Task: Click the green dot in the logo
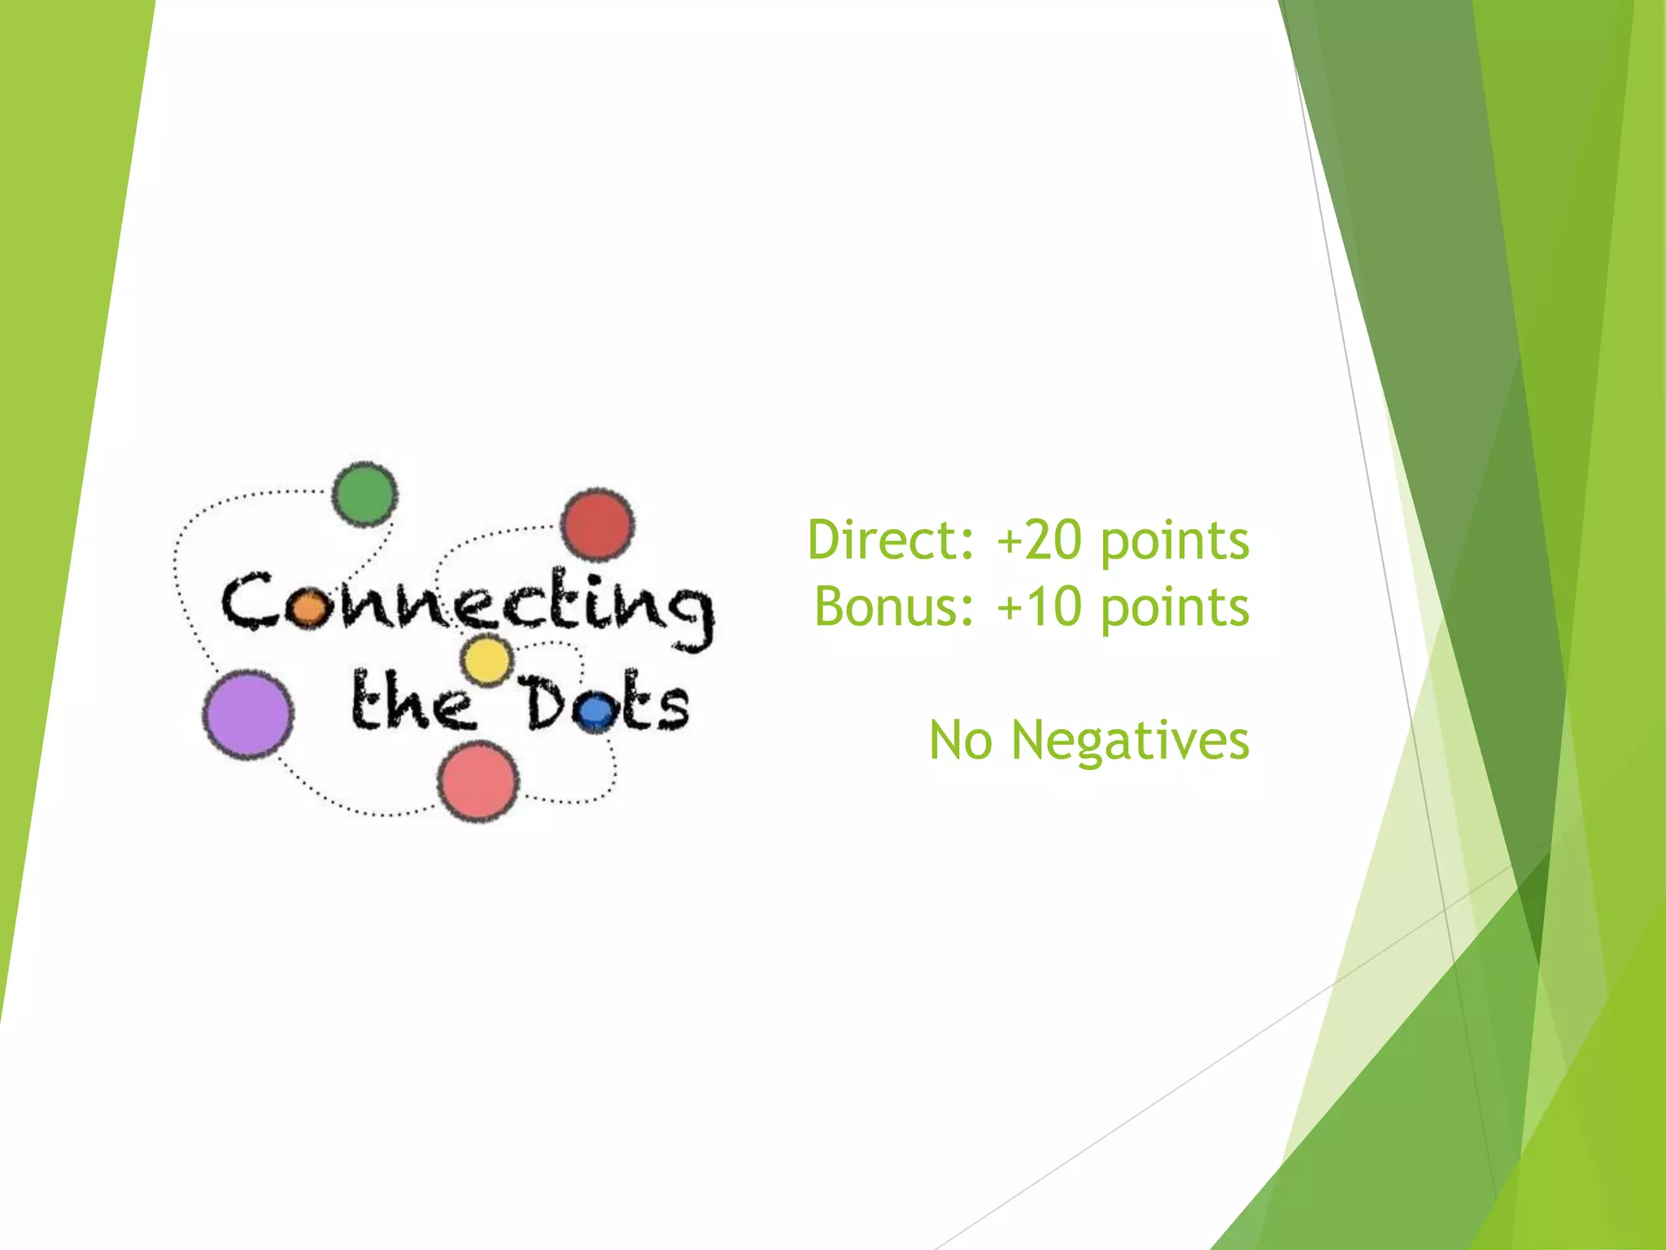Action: pyautogui.click(x=364, y=494)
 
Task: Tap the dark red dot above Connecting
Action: pyautogui.click(x=598, y=525)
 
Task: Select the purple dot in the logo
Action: pyautogui.click(x=247, y=715)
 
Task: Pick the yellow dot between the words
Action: pyautogui.click(x=486, y=660)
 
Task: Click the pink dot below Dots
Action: pyautogui.click(x=478, y=781)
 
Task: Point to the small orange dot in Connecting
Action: pyautogui.click(x=308, y=608)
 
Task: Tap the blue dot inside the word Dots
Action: pyautogui.click(x=597, y=712)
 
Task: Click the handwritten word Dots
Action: pyautogui.click(x=606, y=703)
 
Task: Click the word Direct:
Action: pyautogui.click(x=891, y=540)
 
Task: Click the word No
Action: pyautogui.click(x=961, y=741)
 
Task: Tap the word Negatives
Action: pyautogui.click(x=1130, y=741)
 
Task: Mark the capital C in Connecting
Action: pyautogui.click(x=247, y=602)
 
